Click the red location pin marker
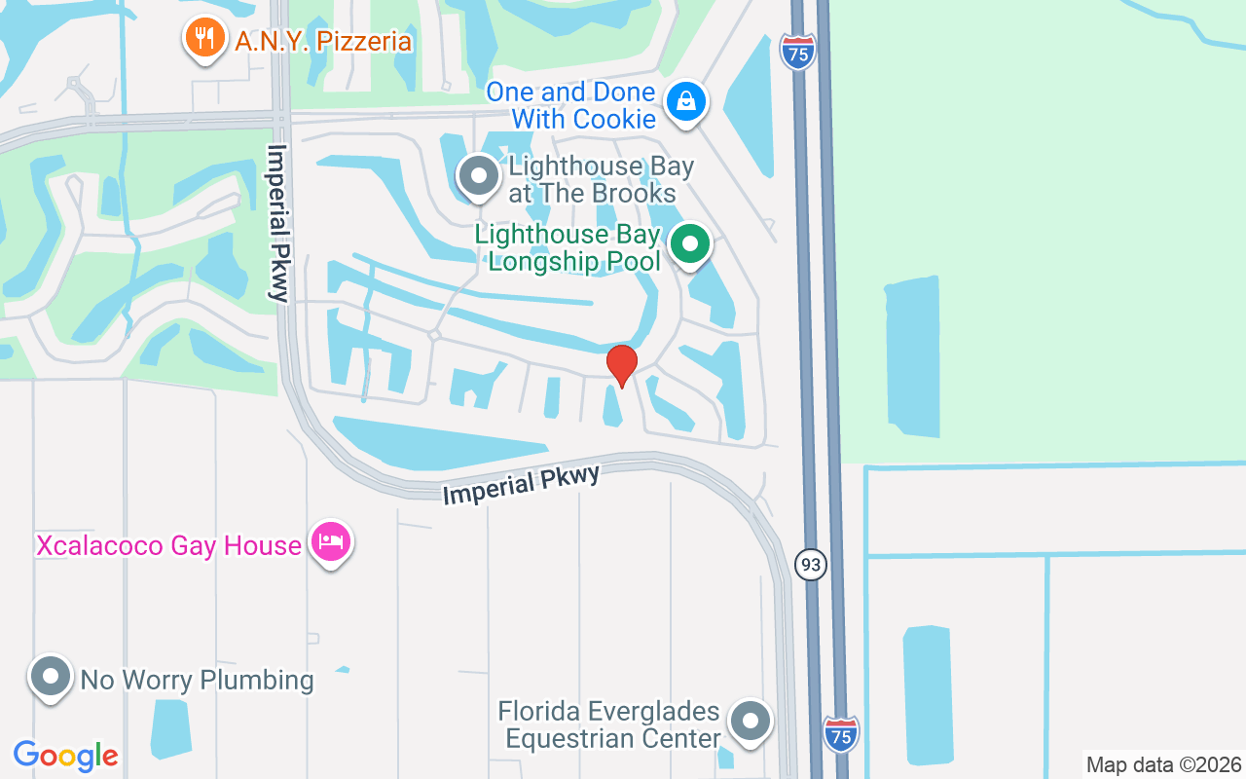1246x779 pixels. pos(622,365)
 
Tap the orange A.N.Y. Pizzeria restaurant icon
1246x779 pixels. pos(202,38)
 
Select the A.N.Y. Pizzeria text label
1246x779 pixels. pos(323,41)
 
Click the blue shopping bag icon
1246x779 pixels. pos(686,100)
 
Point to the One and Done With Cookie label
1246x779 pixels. pos(571,105)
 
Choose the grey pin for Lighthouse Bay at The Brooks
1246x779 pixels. pos(478,176)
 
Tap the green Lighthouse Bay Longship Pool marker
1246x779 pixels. pos(690,244)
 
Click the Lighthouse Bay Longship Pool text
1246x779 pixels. pos(568,248)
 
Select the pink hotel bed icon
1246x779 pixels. pos(331,541)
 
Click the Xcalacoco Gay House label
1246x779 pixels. pos(168,545)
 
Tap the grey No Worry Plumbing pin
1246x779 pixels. pos(50,675)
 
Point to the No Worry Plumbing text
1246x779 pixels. pos(198,680)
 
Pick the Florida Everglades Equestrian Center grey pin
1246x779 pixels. pos(750,722)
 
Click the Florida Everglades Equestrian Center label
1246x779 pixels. pos(609,725)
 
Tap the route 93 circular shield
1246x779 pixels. pos(810,564)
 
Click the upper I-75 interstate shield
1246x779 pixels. pos(797,53)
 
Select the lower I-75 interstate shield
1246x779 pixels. pos(841,733)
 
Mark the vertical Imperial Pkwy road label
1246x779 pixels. pos(278,224)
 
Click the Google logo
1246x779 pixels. pos(65,756)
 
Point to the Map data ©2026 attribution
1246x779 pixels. pos(1164,764)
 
